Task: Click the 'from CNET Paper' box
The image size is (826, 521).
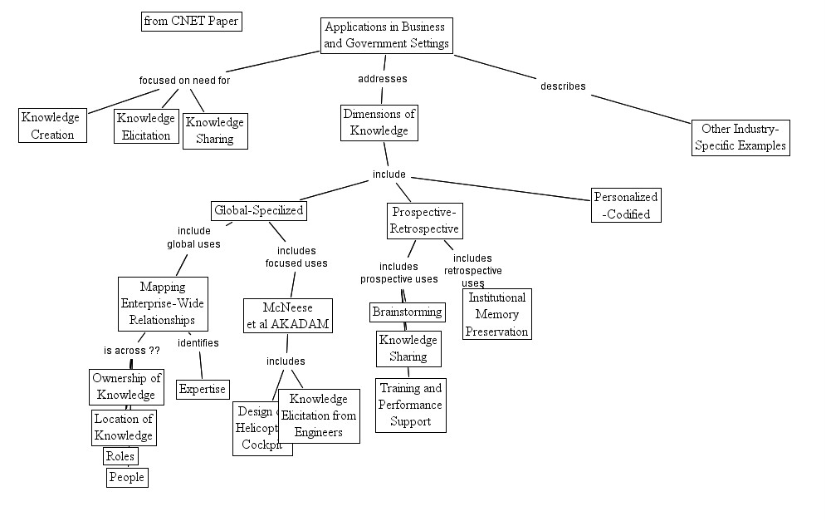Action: point(192,22)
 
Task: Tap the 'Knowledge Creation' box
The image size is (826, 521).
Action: point(53,125)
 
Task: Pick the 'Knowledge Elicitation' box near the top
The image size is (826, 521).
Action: point(146,126)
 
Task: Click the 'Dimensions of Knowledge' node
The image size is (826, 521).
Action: point(379,122)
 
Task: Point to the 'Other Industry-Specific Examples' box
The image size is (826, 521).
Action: point(740,137)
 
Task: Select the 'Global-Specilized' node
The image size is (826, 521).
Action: point(259,211)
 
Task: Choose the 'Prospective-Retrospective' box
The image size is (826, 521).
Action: point(424,220)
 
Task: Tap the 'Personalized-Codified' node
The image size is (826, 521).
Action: point(627,205)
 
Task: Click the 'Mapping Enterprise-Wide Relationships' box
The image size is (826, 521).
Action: point(163,303)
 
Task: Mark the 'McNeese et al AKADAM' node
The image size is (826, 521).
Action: point(288,316)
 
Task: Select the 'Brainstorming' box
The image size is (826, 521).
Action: point(407,312)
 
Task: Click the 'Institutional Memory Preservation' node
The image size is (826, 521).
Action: point(496,314)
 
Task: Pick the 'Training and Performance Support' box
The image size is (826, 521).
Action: point(410,405)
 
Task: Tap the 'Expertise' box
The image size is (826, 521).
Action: point(203,389)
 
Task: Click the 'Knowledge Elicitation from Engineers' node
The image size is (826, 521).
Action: point(320,415)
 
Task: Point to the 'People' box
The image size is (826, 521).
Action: point(127,477)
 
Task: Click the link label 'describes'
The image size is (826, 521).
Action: point(563,86)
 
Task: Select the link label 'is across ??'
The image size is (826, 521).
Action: point(132,351)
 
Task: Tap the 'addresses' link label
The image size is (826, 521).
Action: point(382,79)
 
